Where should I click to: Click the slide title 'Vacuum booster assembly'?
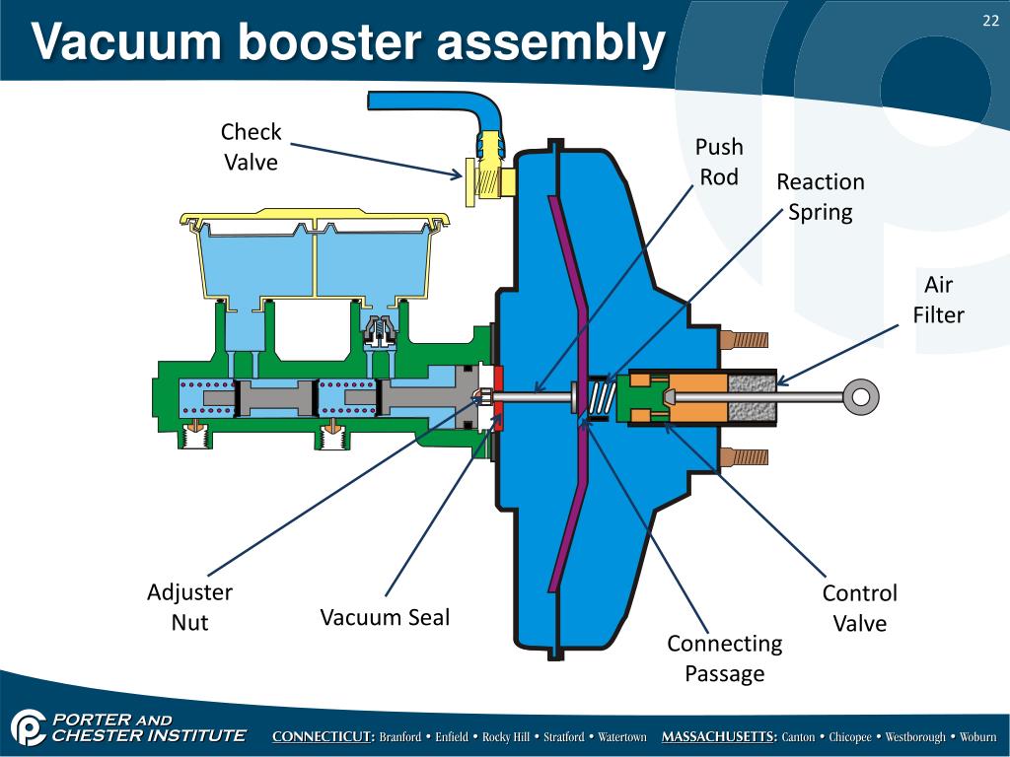click(347, 43)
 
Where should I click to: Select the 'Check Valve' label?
click(251, 147)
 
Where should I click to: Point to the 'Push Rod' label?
click(719, 162)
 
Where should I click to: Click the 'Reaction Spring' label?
click(820, 196)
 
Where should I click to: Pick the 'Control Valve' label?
click(860, 607)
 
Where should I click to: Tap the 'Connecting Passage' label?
click(725, 658)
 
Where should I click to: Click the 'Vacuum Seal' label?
click(385, 618)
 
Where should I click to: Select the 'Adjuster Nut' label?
click(189, 607)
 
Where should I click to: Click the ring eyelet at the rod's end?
click(861, 396)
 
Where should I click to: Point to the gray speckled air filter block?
click(752, 396)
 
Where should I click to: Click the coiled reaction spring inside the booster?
click(603, 396)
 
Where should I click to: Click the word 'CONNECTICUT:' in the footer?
click(323, 737)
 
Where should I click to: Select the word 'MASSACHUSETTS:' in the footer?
click(719, 737)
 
